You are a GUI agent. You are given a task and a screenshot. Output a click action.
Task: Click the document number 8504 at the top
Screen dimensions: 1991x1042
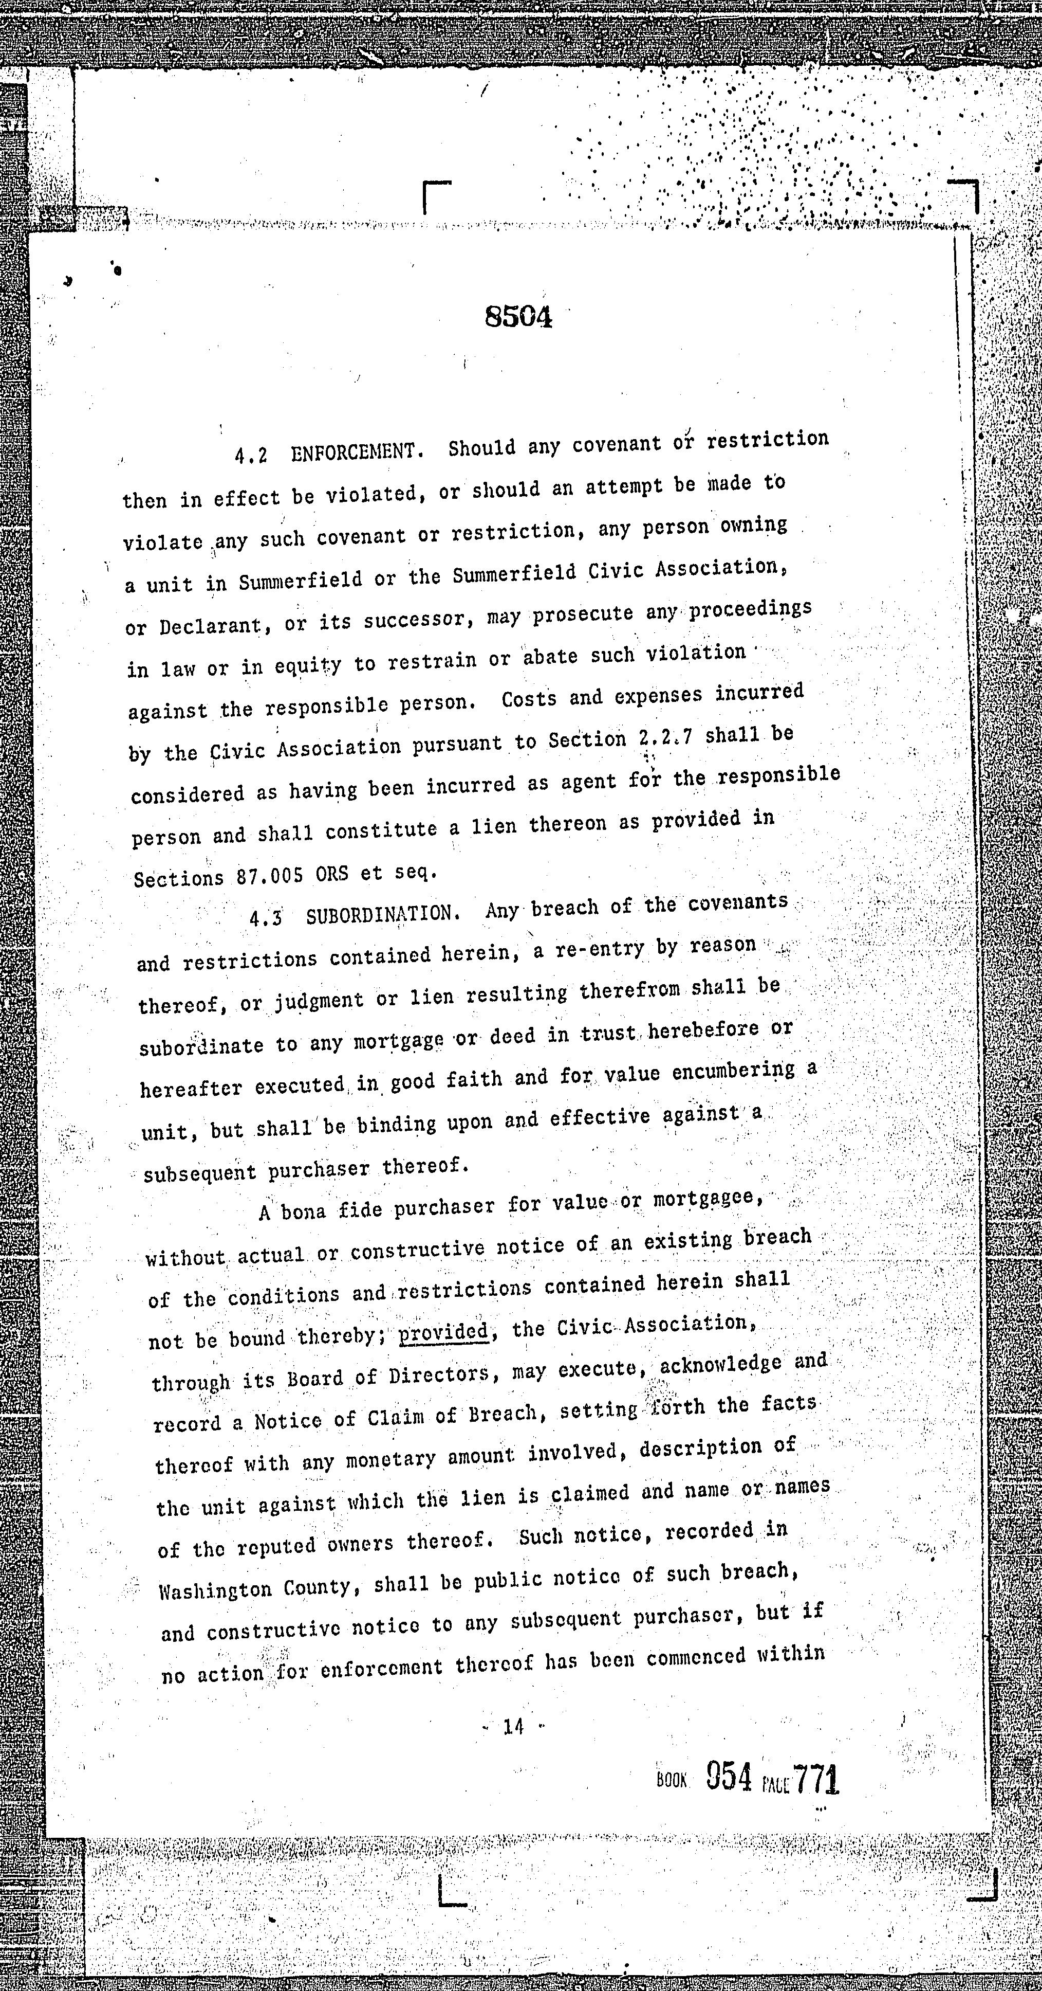click(518, 317)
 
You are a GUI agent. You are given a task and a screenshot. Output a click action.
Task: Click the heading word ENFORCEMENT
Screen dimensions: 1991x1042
click(357, 451)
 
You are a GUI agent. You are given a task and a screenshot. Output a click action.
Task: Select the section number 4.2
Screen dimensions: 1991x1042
click(251, 455)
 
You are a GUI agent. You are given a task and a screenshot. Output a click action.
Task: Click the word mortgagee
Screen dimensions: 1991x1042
click(708, 1199)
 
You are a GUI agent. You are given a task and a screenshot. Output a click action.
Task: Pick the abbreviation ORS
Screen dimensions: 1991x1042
click(331, 874)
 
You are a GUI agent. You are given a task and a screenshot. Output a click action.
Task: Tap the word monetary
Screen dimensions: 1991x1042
click(392, 1459)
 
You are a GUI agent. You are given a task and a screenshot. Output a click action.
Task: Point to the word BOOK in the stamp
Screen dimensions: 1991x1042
click(671, 1781)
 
